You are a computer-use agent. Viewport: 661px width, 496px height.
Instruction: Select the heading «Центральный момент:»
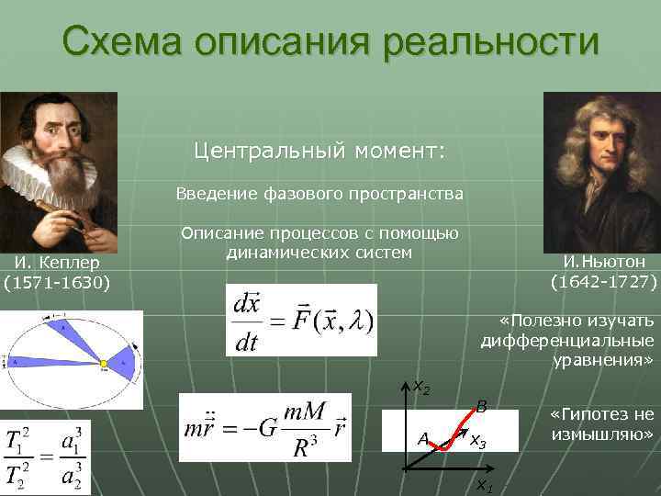(x=319, y=150)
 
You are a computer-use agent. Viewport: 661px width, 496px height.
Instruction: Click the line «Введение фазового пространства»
(x=320, y=194)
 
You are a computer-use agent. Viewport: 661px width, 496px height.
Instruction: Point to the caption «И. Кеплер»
(x=57, y=264)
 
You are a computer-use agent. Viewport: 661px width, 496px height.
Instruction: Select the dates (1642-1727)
(x=603, y=280)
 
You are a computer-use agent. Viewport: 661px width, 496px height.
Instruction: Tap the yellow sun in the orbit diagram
(x=105, y=365)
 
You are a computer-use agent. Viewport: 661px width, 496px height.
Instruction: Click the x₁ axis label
(x=483, y=485)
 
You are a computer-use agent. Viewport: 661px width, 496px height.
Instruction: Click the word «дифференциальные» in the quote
(x=567, y=340)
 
